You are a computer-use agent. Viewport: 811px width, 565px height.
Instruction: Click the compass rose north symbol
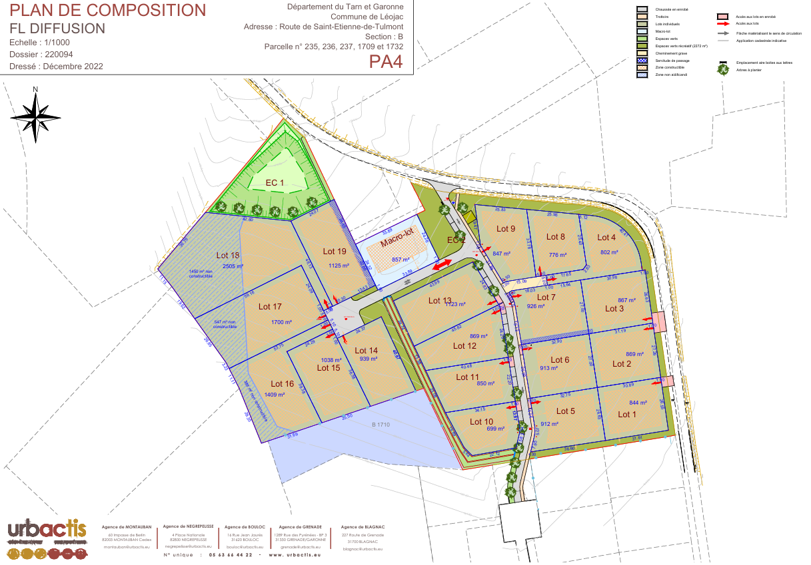click(x=35, y=114)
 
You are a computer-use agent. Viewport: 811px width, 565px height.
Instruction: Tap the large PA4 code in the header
click(x=386, y=62)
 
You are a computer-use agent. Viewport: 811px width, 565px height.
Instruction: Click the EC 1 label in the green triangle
click(x=275, y=182)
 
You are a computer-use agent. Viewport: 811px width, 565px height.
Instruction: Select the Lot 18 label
click(x=228, y=256)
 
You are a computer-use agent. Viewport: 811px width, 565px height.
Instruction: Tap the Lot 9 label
click(x=506, y=229)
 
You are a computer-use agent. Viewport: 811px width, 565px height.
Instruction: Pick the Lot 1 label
click(x=627, y=415)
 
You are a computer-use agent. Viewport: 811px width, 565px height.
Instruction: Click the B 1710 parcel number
click(x=381, y=424)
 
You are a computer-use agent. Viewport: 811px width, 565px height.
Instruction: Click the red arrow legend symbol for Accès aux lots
click(x=722, y=23)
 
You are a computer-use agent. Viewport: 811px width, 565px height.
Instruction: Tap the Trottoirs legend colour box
click(x=642, y=17)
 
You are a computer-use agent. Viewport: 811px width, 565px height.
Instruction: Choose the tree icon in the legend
click(x=723, y=69)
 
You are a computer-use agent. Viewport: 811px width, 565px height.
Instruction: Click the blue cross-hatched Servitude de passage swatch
click(x=642, y=61)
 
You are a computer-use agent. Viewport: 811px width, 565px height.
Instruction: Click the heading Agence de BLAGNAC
click(x=363, y=526)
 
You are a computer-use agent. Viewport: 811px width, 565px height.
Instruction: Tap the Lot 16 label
click(x=282, y=384)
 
